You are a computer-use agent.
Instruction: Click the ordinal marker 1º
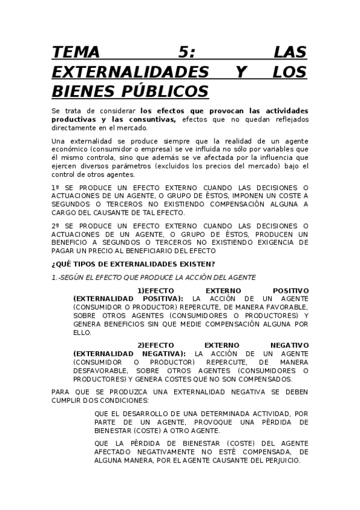56,188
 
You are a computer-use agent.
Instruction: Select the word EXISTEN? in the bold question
194,264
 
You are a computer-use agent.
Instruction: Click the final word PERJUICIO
277,460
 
